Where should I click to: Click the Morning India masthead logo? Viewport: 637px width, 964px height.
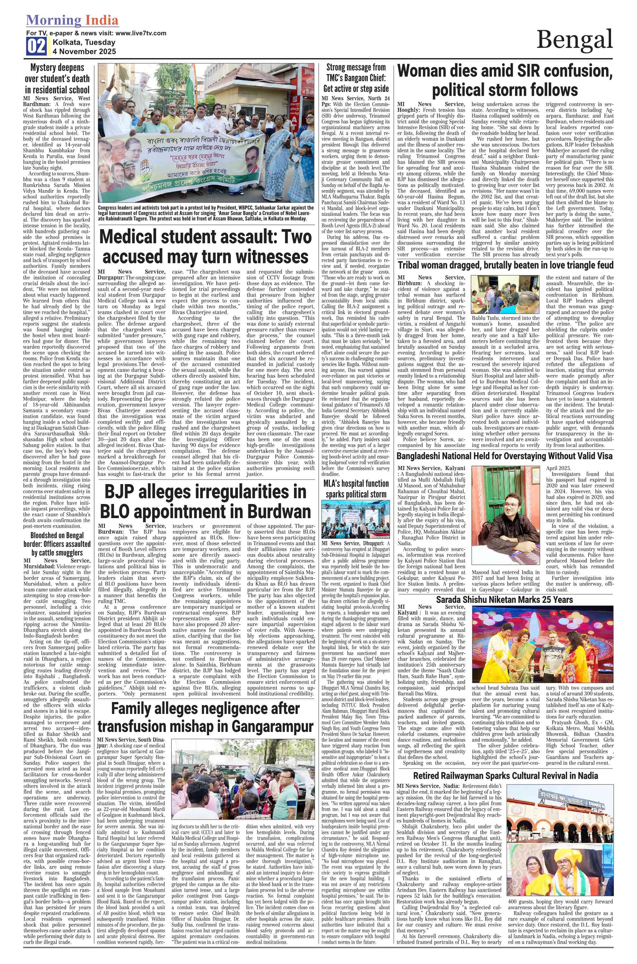click(72, 20)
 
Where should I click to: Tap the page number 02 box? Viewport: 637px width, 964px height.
click(36, 46)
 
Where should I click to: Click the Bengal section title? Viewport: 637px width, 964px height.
click(574, 40)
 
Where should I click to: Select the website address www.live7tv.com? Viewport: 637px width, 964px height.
click(141, 33)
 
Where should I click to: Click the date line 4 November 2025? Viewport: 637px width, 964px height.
click(84, 52)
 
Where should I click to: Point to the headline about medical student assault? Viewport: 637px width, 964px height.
click(205, 247)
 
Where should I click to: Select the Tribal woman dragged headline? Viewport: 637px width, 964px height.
click(505, 265)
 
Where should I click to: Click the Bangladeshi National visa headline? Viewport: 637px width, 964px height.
click(504, 456)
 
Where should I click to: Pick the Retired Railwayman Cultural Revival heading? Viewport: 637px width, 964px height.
click(505, 776)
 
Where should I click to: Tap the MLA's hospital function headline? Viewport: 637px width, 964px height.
click(356, 489)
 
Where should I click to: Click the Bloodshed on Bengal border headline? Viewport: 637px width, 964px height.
click(57, 544)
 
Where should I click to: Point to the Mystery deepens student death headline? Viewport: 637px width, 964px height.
click(57, 78)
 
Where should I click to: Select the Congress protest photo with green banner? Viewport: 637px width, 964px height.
click(206, 133)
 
